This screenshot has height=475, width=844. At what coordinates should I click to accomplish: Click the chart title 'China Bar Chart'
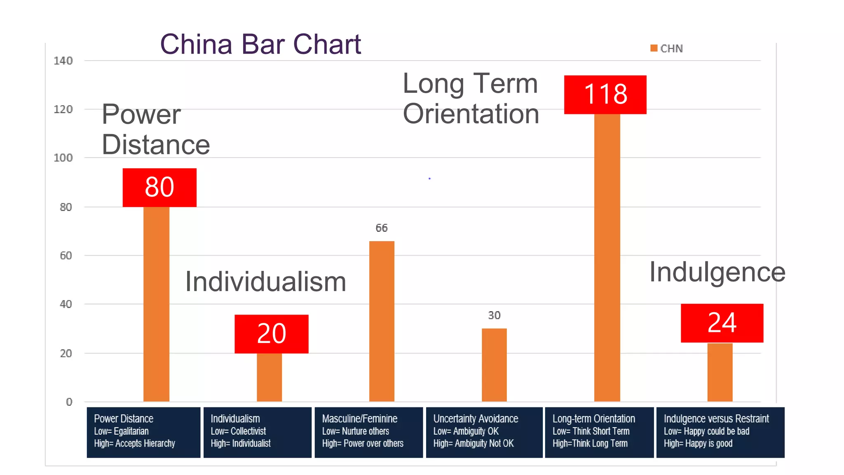point(260,44)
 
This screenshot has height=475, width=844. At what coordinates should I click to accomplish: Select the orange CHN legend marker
point(654,48)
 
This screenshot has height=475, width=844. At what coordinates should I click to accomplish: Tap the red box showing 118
point(605,94)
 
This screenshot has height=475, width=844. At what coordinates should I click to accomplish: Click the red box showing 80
point(159,187)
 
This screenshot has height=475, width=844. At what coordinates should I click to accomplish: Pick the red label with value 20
point(271,334)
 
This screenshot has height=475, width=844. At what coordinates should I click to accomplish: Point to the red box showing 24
point(722,323)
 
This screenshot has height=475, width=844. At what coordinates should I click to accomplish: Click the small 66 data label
point(382,228)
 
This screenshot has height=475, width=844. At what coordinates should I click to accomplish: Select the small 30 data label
point(494,315)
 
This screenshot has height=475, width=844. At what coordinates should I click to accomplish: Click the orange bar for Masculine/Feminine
point(382,322)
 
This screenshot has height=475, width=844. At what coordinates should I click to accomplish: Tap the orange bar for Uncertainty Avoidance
point(494,365)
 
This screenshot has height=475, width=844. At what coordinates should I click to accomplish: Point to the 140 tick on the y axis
point(63,61)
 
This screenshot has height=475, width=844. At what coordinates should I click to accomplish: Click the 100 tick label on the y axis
point(63,158)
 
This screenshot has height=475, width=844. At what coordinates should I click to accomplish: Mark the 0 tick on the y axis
point(69,402)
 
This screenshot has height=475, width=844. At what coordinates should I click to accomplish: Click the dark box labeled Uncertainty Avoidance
point(484,432)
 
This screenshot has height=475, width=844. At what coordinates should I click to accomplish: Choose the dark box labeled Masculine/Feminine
point(368,432)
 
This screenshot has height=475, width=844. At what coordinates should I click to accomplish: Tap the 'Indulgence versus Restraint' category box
point(720,432)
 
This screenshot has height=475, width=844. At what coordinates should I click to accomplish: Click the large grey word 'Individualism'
point(265,282)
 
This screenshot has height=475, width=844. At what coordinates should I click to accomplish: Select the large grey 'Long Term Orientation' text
point(471,99)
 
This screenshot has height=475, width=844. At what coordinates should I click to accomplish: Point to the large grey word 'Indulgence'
point(717,272)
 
